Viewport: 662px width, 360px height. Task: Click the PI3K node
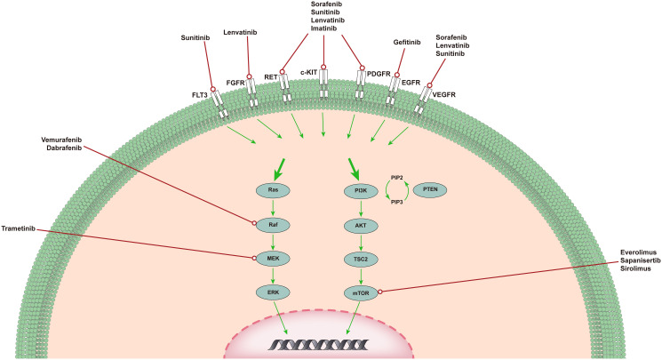click(362, 190)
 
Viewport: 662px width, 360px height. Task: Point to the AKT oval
click(362, 225)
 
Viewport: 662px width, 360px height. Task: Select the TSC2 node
click(362, 259)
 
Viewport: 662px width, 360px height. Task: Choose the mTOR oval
click(362, 292)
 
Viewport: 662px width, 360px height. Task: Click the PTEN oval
click(430, 190)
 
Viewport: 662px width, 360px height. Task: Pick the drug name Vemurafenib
click(64, 139)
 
